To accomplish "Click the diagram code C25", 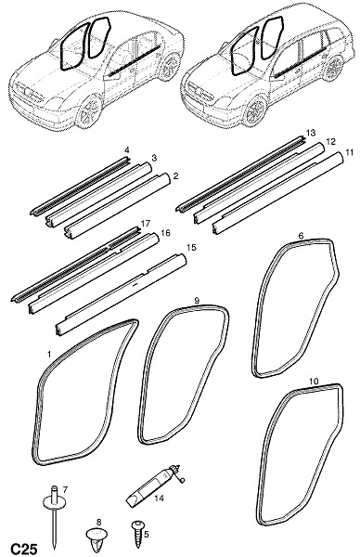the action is pyautogui.click(x=24, y=549).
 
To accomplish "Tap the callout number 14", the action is pyautogui.click(x=160, y=498).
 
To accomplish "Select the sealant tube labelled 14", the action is pyautogui.click(x=156, y=484).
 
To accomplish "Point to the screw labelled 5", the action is pyautogui.click(x=137, y=530).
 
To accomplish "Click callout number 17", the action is pyautogui.click(x=145, y=224).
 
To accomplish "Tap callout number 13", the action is pyautogui.click(x=311, y=133).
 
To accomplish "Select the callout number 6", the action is pyautogui.click(x=301, y=236).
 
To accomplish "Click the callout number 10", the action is pyautogui.click(x=314, y=382).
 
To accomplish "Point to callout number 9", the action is pyautogui.click(x=197, y=301).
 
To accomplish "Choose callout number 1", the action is pyautogui.click(x=49, y=354).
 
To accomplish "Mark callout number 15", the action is pyautogui.click(x=191, y=247).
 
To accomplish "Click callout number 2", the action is pyautogui.click(x=175, y=175).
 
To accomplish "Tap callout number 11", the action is pyautogui.click(x=350, y=153).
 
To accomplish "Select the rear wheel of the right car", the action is pyautogui.click(x=335, y=68).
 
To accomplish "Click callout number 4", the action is pyautogui.click(x=127, y=150).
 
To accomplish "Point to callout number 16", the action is pyautogui.click(x=165, y=233).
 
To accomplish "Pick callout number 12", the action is pyautogui.click(x=331, y=142).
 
